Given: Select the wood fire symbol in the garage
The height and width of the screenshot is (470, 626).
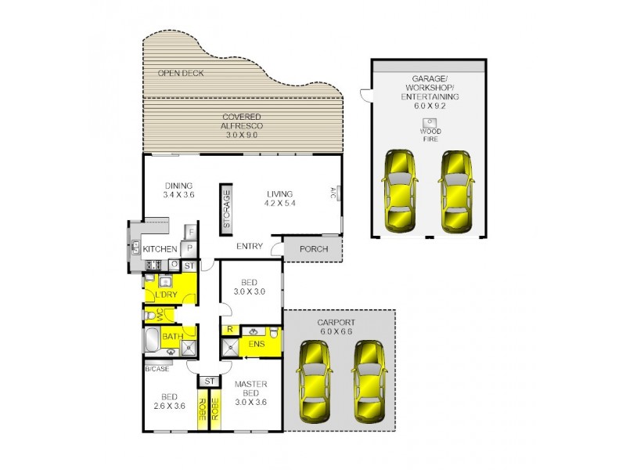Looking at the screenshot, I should [x=430, y=123].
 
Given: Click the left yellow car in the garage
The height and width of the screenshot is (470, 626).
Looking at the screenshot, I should [x=399, y=190].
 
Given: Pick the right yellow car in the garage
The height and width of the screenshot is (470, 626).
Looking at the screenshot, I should [x=455, y=190].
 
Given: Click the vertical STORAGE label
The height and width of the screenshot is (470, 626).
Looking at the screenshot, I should [x=226, y=208].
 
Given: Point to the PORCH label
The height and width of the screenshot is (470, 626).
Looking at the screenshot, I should [x=313, y=250].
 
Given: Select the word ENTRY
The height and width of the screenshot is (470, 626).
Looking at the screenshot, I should [x=250, y=246].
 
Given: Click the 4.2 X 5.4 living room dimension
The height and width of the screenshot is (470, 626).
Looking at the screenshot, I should [x=279, y=204].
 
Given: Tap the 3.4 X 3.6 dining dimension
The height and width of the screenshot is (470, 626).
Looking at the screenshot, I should [x=178, y=195].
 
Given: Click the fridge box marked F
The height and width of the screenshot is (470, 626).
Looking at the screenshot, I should [x=189, y=232].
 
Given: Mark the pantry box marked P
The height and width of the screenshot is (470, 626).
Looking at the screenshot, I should [x=189, y=248].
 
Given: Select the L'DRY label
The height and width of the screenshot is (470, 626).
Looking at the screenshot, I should [x=165, y=295].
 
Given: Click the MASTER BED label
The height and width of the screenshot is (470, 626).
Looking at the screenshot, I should [x=251, y=388].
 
